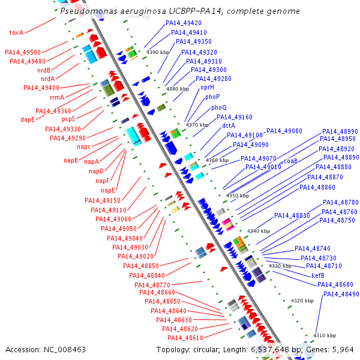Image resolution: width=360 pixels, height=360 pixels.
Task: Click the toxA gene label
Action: coord(16,32)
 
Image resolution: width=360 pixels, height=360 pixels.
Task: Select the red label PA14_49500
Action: coord(23,53)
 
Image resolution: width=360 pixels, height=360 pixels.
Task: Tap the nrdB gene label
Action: coord(44,70)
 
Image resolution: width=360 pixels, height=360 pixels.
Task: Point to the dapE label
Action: coord(28,119)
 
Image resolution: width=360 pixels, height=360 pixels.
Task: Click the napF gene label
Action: coord(103,181)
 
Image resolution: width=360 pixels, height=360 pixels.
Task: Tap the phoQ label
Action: coord(218,107)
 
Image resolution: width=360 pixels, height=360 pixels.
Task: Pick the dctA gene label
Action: coord(229,126)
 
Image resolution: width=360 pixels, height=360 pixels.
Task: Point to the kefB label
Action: coord(318,275)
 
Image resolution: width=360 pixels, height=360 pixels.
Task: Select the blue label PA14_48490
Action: coord(341,294)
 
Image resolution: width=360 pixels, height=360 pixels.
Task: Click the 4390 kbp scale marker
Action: coord(158,53)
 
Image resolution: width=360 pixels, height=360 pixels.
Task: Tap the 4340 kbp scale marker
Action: coord(259,231)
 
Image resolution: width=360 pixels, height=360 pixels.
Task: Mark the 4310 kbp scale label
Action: coord(325,335)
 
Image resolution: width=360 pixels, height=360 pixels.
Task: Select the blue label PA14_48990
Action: coord(340,131)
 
